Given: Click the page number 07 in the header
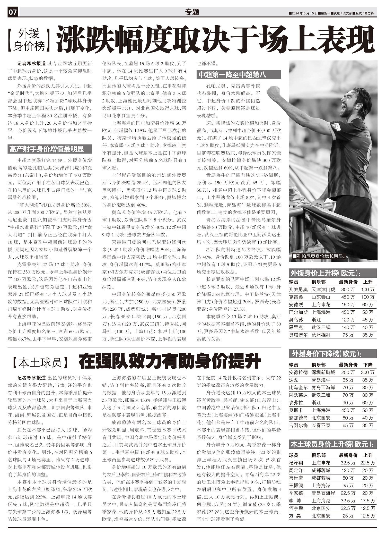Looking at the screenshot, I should [x=13, y=12].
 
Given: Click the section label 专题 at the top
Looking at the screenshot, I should [x=192, y=12].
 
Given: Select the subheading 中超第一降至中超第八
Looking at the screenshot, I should [x=232, y=75].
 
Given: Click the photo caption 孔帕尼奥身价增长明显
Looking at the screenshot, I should [x=319, y=257].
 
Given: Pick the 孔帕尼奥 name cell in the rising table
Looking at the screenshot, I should [x=298, y=290].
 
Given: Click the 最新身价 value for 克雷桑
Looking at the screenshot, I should [x=348, y=297].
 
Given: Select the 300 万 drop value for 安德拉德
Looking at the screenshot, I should [x=367, y=372].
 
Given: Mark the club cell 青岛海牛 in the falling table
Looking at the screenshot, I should [x=321, y=380].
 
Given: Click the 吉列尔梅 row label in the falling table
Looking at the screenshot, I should [x=298, y=426].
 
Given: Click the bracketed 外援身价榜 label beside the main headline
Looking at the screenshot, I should [x=29, y=40].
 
